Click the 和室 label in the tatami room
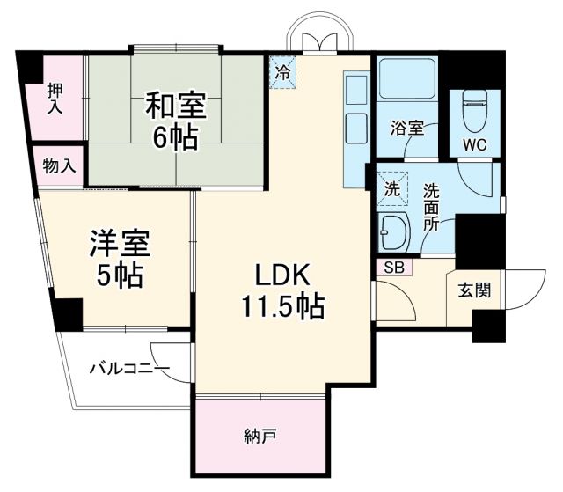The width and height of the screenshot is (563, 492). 176,106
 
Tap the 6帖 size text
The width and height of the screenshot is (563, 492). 176,138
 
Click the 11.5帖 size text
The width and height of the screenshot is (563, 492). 281,306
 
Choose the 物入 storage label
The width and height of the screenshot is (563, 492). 60,165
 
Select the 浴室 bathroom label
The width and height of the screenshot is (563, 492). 407,128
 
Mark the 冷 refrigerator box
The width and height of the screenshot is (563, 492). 282,73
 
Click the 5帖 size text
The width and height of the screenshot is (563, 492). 119,275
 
